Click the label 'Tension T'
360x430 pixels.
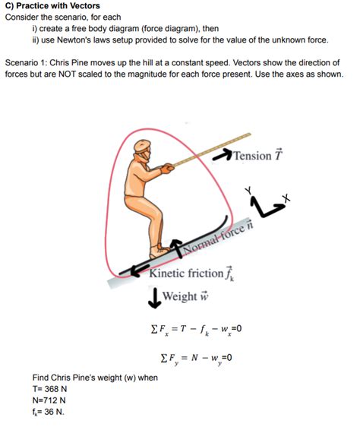pos(259,156)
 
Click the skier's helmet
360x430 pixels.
pos(142,149)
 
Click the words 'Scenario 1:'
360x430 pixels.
pos(30,62)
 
